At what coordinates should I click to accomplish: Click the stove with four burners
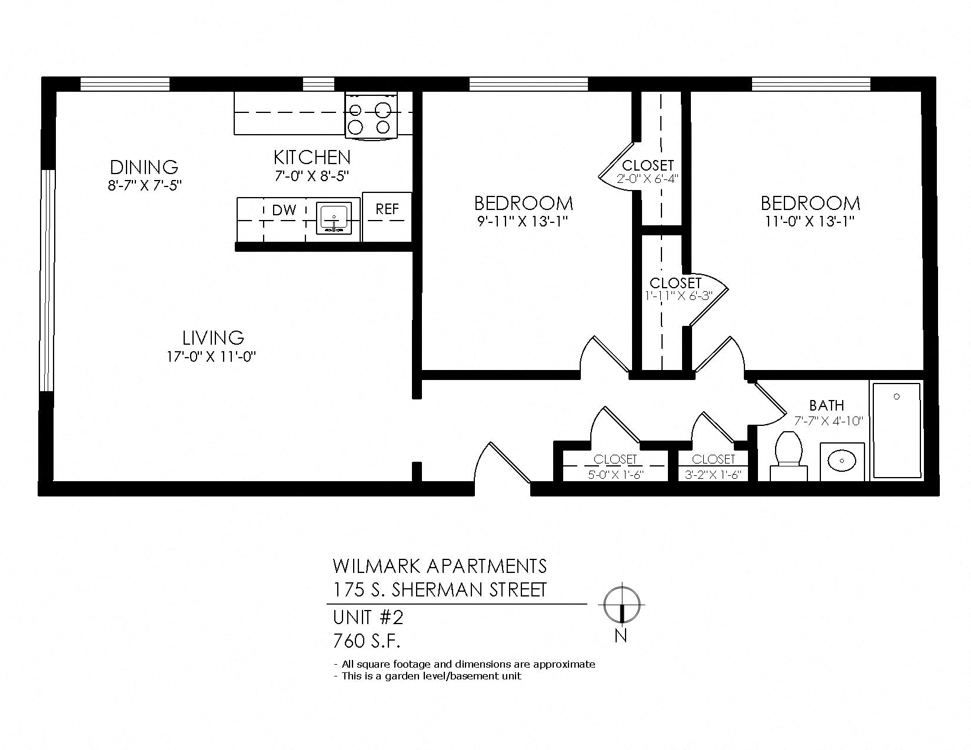371,116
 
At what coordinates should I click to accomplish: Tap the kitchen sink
334,219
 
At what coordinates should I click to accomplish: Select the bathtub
896,430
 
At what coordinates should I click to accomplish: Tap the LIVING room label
213,338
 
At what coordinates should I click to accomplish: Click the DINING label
144,166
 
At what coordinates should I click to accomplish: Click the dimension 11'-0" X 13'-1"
810,221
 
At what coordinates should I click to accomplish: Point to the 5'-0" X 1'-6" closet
615,467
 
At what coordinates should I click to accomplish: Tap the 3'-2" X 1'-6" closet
713,467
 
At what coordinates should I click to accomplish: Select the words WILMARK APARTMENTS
440,566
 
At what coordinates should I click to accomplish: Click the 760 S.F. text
367,640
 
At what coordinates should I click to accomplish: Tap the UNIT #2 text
368,618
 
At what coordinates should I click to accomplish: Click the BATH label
826,405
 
